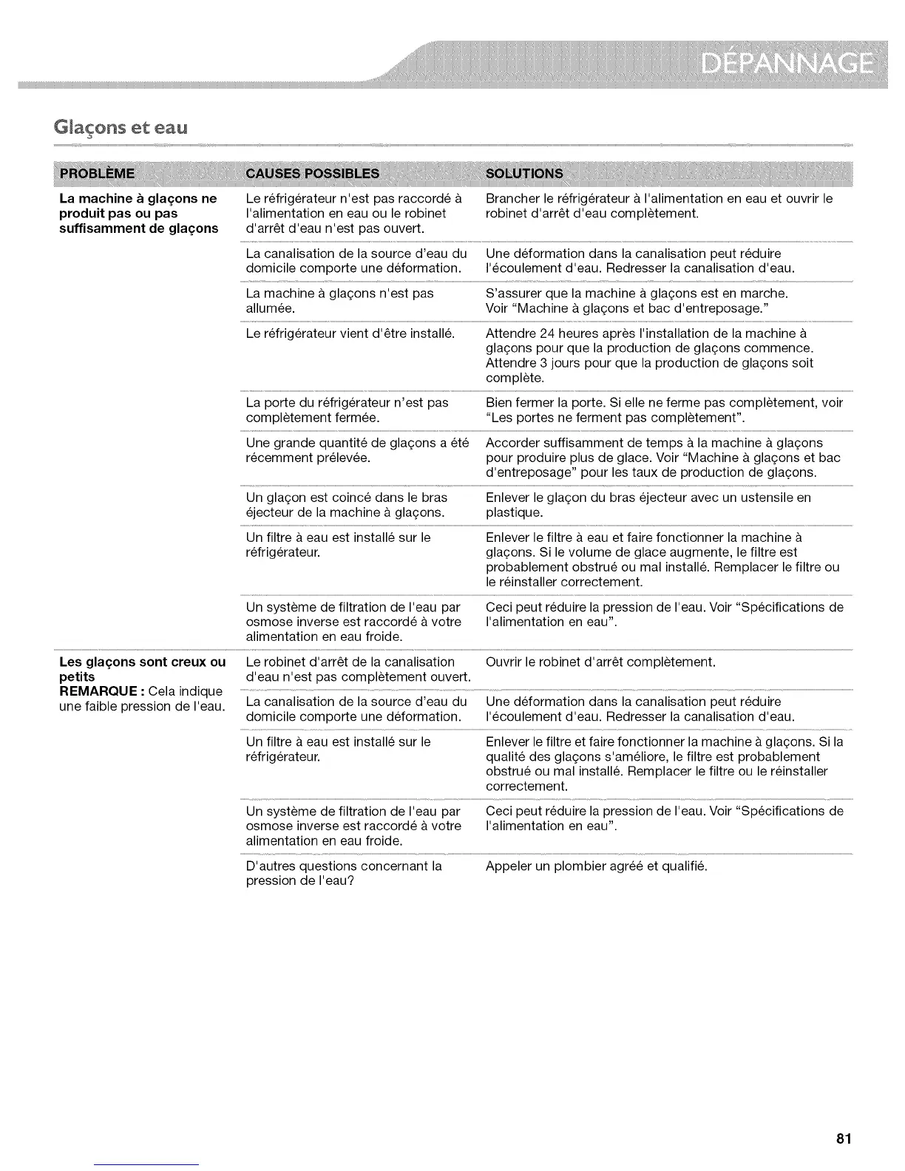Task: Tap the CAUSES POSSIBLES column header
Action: [312, 174]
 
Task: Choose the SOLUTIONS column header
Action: [523, 174]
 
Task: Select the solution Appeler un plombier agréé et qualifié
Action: [596, 866]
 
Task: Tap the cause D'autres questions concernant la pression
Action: [344, 873]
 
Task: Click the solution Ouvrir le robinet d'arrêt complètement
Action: [600, 662]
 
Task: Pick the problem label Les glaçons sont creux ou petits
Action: [142, 669]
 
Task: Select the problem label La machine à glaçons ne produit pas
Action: [138, 213]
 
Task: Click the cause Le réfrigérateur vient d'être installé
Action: [350, 333]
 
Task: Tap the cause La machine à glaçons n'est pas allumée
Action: [339, 301]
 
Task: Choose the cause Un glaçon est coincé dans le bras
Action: [346, 505]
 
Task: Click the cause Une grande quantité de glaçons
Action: [357, 450]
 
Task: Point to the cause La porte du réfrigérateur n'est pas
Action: [347, 410]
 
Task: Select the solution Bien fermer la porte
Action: [664, 410]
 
